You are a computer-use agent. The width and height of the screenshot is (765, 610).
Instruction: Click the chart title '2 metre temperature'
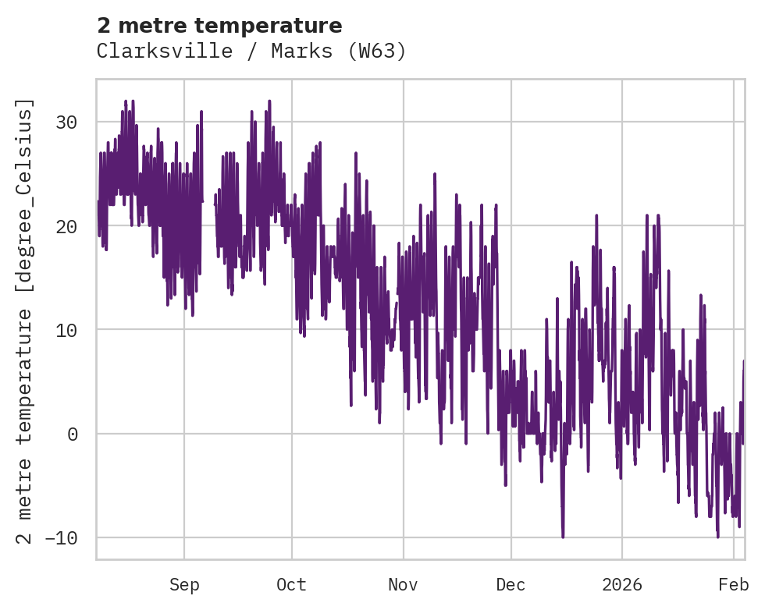pyautogui.click(x=219, y=26)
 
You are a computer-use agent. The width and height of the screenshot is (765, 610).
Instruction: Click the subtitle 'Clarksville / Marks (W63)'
pyautogui.click(x=251, y=51)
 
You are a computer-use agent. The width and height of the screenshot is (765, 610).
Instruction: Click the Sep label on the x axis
pyautogui.click(x=184, y=584)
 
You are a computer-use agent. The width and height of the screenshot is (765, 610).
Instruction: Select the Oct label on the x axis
pyautogui.click(x=291, y=584)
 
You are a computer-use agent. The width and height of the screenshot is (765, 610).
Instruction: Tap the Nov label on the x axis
pyautogui.click(x=404, y=584)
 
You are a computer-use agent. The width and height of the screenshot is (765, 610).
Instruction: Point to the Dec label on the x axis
pyautogui.click(x=511, y=584)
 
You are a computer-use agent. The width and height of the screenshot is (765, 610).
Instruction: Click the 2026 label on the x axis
pyautogui.click(x=622, y=584)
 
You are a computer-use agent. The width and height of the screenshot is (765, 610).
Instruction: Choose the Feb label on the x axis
pyautogui.click(x=734, y=584)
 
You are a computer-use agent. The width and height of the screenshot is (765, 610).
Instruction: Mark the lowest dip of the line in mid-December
pyautogui.click(x=563, y=536)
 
